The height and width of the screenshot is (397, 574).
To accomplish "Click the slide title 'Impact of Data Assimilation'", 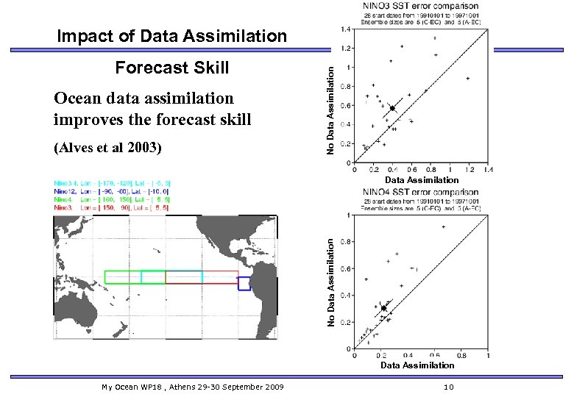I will click(x=171, y=36).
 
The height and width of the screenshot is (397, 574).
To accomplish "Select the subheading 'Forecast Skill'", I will click(x=172, y=68).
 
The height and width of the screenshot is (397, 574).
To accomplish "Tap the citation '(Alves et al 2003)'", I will click(x=107, y=148).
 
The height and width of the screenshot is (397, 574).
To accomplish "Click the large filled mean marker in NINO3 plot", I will click(x=392, y=108).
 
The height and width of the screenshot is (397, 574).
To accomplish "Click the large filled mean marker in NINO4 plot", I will click(x=383, y=308).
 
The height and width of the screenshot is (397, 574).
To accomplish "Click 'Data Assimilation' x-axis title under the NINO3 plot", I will click(x=422, y=179).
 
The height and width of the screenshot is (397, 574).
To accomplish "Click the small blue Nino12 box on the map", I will click(x=244, y=283).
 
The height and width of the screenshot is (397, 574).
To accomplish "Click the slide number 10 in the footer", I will click(x=449, y=386).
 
